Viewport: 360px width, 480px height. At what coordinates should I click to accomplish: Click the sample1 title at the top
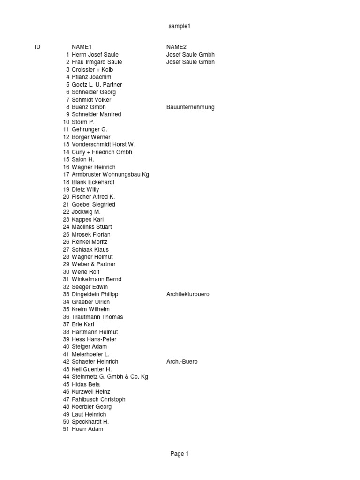180,26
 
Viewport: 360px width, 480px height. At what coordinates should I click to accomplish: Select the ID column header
37,47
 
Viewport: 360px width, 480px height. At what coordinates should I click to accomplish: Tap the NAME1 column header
82,47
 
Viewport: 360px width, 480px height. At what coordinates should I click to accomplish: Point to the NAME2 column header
176,47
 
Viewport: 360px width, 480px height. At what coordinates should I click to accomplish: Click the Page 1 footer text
180,454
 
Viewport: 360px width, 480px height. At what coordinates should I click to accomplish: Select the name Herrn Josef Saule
95,55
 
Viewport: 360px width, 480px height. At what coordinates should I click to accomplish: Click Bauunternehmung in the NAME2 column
190,107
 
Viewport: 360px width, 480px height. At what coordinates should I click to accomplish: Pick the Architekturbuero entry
188,294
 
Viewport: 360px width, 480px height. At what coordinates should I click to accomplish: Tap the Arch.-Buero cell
182,362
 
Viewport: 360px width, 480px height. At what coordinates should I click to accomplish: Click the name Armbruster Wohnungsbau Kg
110,175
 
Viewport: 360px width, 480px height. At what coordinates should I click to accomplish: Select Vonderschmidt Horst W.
103,145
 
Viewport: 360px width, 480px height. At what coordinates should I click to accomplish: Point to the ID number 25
66,234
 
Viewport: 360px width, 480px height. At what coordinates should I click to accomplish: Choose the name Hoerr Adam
87,429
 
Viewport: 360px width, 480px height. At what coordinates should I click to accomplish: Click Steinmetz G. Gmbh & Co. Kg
110,377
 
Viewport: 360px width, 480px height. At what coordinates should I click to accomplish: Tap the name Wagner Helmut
92,257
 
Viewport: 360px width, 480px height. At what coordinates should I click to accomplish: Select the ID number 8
67,107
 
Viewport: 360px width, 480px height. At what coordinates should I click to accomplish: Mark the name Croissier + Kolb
92,70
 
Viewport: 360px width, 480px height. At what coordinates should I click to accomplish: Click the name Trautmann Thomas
97,317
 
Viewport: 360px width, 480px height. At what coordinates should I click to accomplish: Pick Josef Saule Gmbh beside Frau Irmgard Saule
190,62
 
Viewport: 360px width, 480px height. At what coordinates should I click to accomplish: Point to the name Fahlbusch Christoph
98,399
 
